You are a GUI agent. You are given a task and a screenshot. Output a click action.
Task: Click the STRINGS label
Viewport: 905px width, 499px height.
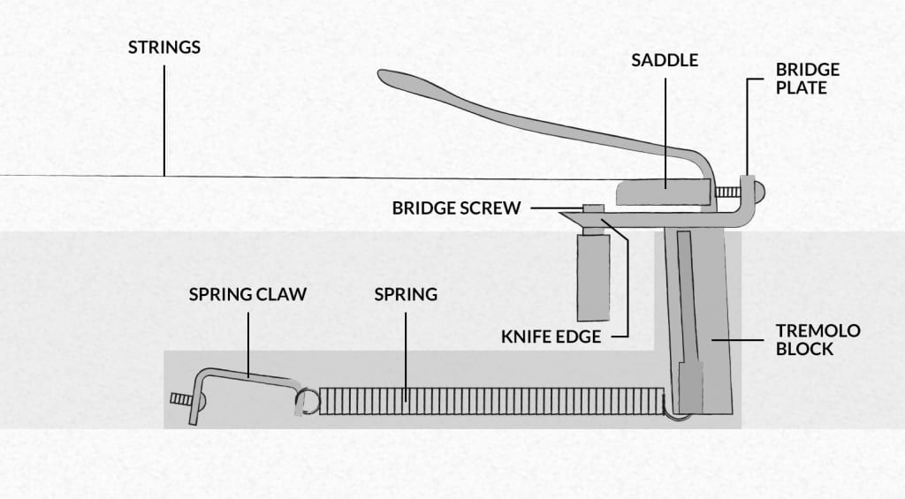coord(164,47)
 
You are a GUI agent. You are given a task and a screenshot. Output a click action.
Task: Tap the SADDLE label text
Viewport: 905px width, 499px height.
coord(665,60)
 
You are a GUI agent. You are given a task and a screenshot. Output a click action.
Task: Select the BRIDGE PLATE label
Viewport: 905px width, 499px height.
coord(808,79)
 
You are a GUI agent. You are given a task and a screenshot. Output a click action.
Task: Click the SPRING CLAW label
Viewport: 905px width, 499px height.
coord(247,294)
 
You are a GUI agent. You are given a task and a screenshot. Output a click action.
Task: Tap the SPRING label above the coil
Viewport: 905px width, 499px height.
coord(406,294)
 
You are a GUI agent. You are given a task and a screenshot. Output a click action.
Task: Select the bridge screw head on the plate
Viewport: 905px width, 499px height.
coord(593,209)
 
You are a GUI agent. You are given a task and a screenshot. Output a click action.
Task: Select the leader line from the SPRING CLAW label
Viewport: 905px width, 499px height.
coord(247,340)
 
